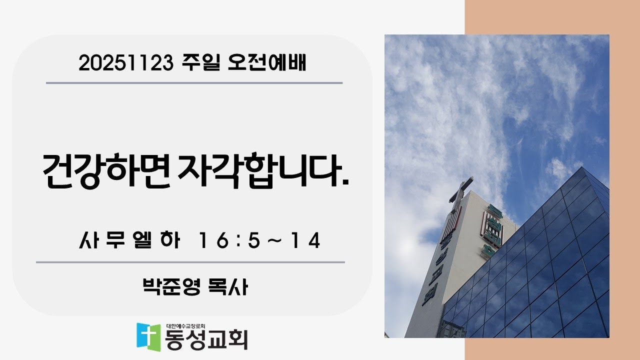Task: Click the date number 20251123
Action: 125,64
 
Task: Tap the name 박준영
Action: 171,287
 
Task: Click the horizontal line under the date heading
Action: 194,83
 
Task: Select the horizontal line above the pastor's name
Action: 190,262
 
